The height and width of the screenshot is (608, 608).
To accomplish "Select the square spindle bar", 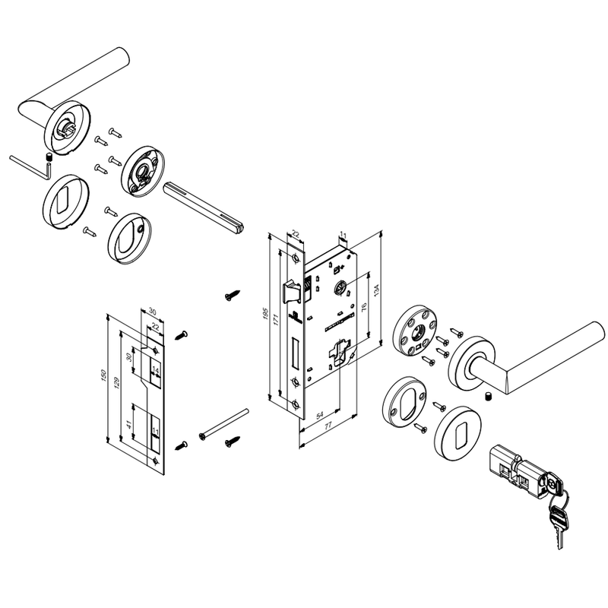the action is (203, 207).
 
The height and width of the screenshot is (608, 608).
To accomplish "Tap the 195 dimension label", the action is (266, 314).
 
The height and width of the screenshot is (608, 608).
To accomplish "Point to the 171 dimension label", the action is (277, 319).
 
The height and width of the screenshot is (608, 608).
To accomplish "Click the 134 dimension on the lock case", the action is (375, 289).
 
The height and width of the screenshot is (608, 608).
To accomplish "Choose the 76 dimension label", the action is (364, 308).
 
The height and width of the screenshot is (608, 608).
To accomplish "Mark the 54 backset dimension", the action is (319, 416).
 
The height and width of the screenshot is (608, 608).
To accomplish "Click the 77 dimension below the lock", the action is (328, 426).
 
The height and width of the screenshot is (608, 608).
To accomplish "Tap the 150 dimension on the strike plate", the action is (103, 375).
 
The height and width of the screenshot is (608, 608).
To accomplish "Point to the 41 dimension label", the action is (129, 425).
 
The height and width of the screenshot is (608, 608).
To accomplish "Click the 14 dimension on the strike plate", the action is (155, 371).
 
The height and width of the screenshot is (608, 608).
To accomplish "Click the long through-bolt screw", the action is (223, 424).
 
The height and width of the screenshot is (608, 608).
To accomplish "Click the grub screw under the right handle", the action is (488, 397).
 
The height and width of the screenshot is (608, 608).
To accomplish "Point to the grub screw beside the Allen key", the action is (49, 157).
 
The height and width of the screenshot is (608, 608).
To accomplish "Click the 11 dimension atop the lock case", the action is (343, 235).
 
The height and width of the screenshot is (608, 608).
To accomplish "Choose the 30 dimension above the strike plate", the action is (153, 312).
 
